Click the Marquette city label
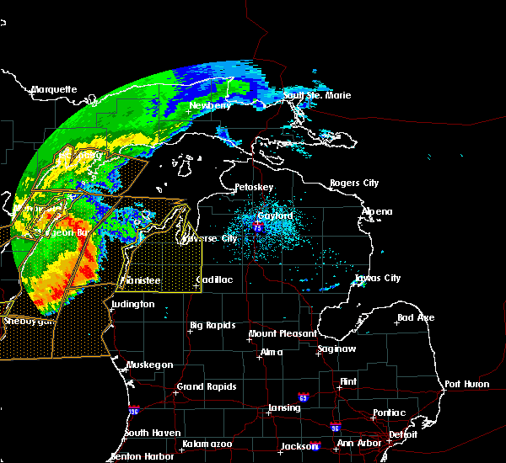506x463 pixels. click(54, 89)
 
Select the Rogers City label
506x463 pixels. click(354, 183)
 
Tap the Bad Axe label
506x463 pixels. click(415, 318)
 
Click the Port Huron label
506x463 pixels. click(466, 384)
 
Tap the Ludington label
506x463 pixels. click(132, 304)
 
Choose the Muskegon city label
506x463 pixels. click(149, 365)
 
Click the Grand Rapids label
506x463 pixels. click(206, 387)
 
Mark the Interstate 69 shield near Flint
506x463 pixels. click(302, 396)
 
